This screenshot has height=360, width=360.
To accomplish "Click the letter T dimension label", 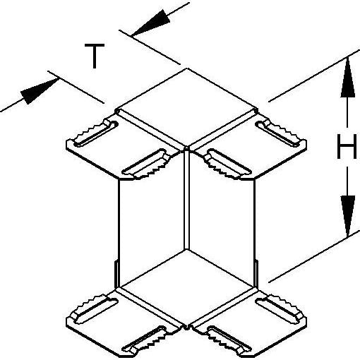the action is [95, 56].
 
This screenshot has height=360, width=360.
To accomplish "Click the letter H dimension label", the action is [347, 146].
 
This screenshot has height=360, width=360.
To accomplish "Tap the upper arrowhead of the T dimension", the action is [151, 23].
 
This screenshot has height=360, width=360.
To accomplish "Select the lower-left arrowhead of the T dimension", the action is [39, 91].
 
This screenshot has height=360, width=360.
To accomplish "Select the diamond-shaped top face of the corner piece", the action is [187, 107].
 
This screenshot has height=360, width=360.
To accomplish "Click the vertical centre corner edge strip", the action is [186, 199].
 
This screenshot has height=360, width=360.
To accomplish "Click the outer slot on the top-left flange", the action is [96, 133].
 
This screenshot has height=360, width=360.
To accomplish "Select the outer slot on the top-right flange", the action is [278, 133].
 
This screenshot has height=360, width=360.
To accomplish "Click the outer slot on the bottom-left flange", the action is [95, 308].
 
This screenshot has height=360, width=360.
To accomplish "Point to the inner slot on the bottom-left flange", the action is [145, 340].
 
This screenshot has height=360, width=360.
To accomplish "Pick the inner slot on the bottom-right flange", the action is [228, 340].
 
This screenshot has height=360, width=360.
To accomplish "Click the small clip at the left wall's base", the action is [116, 274].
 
